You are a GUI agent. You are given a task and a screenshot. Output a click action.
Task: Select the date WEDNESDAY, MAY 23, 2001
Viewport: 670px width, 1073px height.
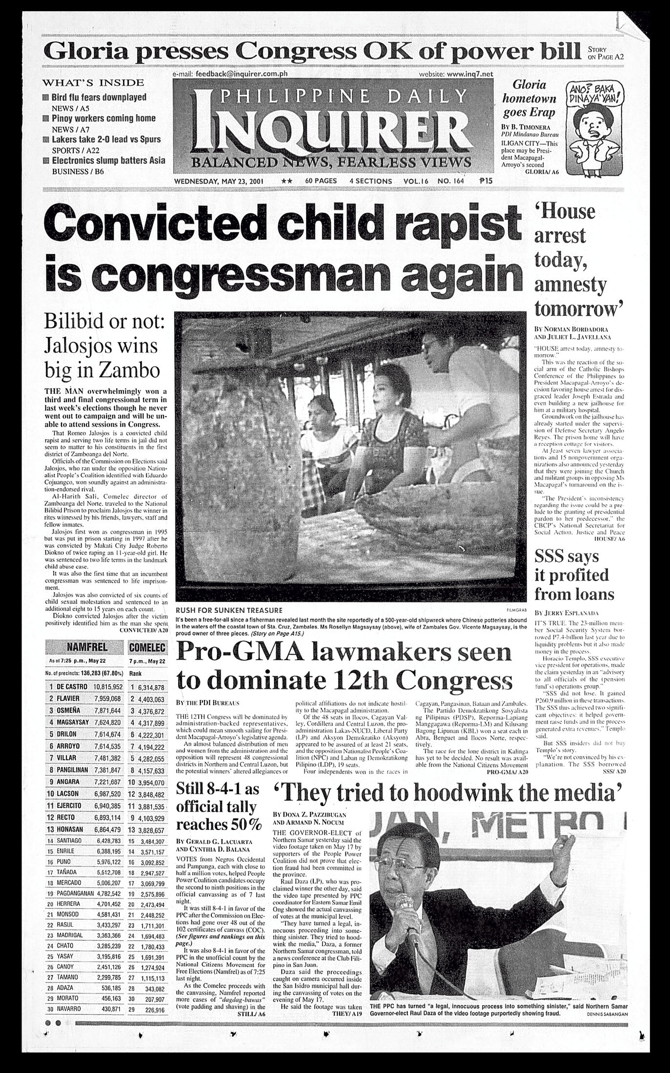219,181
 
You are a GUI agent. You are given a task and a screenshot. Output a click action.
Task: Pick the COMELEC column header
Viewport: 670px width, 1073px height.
147,647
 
